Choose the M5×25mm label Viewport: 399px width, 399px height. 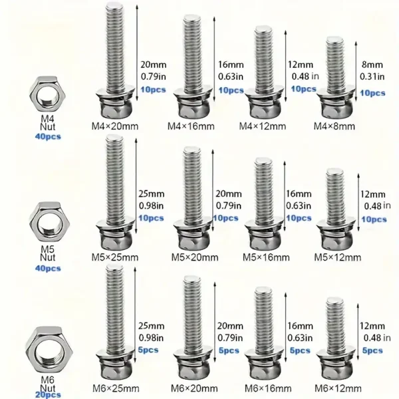(116, 257)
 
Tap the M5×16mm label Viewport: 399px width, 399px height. (266, 257)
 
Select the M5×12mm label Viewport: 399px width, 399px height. (338, 257)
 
